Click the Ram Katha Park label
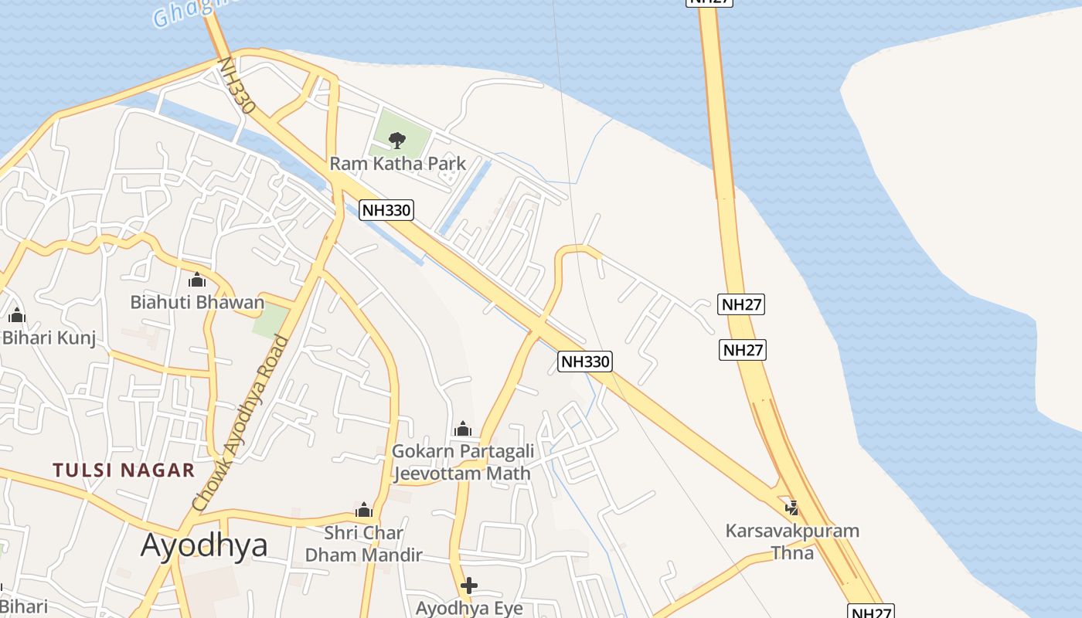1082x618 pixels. pos(397,164)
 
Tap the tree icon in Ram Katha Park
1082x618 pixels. pos(396,141)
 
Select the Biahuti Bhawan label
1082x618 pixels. pos(197,302)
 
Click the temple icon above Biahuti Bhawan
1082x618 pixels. pos(197,280)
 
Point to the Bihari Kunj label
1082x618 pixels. pos(49,338)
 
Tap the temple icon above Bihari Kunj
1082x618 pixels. pos(17,315)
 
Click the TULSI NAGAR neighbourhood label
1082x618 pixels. pos(124,470)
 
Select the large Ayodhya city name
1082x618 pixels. pos(204,545)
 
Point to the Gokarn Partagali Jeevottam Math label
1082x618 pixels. pos(462,462)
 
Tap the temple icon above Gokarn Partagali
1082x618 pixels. pos(463,429)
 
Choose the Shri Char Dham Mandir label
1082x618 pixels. pos(363,544)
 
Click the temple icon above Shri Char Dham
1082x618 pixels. pos(364,511)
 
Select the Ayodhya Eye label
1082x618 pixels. pos(469,608)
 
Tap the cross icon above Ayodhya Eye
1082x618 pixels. pos(468,586)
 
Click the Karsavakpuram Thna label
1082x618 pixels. pos(792,542)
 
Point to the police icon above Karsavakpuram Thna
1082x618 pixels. pos(791,508)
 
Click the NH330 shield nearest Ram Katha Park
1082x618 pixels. pos(386,209)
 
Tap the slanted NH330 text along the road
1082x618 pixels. pos(236,86)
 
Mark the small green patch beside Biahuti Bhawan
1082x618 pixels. pos(270,321)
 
